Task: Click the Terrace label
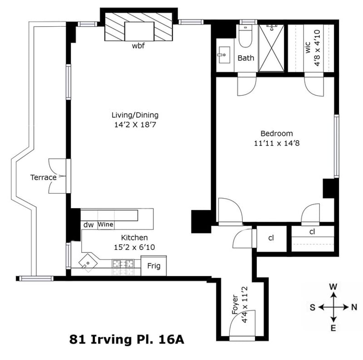(44, 177)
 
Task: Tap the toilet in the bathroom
(246, 39)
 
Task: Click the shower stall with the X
(272, 48)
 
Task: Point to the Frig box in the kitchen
(153, 266)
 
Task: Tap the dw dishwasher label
(88, 224)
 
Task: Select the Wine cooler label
(105, 224)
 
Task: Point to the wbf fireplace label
(138, 46)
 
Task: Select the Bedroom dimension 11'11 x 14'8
(276, 143)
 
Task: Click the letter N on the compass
(354, 307)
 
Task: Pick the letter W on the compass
(333, 287)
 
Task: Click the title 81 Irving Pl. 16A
(127, 339)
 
